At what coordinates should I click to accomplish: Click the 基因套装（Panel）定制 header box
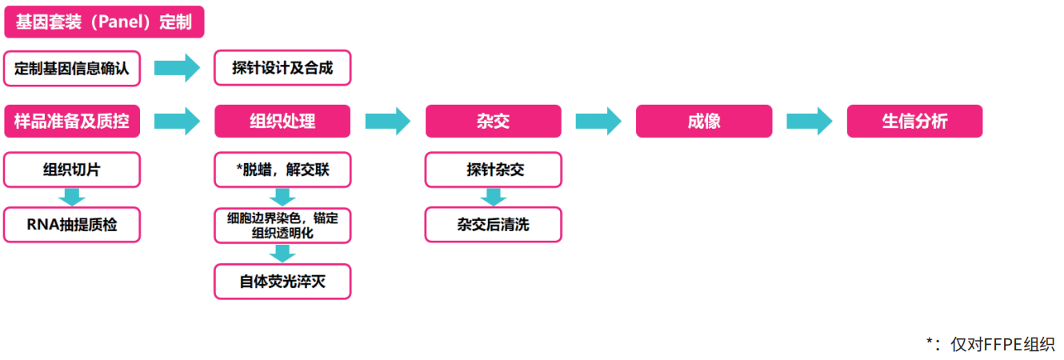click(x=104, y=22)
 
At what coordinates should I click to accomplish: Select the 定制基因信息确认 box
click(x=71, y=69)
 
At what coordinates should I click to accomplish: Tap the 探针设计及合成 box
click(x=282, y=69)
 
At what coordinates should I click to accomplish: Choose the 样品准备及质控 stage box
click(x=71, y=121)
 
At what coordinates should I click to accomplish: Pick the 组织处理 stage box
click(x=282, y=121)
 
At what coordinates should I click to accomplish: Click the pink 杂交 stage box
click(x=493, y=121)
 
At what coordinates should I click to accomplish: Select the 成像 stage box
click(x=704, y=121)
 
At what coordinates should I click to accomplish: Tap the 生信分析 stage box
click(x=914, y=121)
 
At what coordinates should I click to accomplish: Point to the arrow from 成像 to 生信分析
click(x=810, y=121)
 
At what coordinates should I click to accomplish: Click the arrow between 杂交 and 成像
click(x=598, y=121)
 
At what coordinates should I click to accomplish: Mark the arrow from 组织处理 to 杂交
click(x=387, y=121)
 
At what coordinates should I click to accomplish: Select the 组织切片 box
click(x=71, y=170)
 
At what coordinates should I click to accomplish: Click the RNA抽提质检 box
click(x=71, y=225)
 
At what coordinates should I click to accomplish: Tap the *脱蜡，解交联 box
click(x=282, y=170)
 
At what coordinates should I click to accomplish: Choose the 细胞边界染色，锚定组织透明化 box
click(x=282, y=225)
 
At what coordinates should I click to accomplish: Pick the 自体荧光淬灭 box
click(x=282, y=282)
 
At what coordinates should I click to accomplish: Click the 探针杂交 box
click(x=493, y=170)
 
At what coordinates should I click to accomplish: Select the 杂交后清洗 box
click(x=493, y=225)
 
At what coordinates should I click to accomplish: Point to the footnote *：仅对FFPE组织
click(x=990, y=343)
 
